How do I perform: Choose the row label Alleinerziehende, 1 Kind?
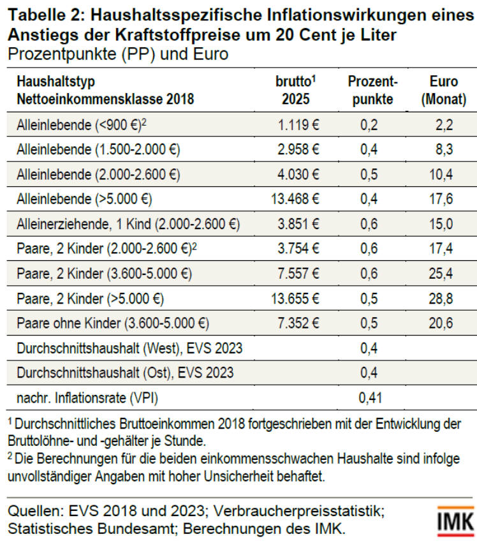(128, 224)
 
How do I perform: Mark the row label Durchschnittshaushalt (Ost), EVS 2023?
(125, 373)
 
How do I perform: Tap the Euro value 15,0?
(441, 224)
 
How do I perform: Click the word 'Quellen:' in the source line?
(33, 512)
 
